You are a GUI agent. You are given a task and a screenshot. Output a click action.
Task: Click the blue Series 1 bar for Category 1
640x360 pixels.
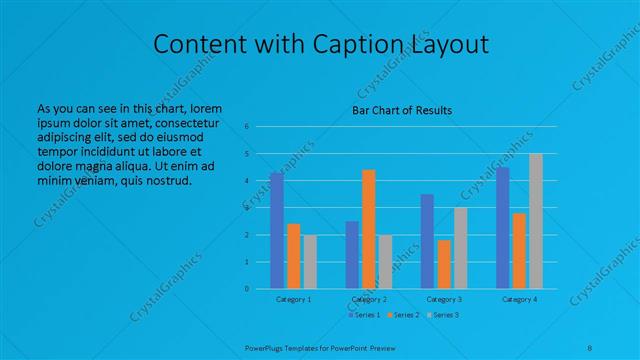pos(277,231)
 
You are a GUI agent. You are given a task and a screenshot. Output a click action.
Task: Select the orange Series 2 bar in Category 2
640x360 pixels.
pos(369,229)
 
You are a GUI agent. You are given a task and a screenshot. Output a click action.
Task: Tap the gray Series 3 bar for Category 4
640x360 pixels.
pos(536,221)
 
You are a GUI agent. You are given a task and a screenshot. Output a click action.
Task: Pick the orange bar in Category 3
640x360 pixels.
pos(444,264)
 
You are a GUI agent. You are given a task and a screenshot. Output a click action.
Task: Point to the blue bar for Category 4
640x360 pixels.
pos(503,228)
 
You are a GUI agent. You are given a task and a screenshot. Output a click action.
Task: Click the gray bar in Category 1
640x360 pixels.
pos(310,262)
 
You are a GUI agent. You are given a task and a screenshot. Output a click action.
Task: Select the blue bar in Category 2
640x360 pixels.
pos(352,255)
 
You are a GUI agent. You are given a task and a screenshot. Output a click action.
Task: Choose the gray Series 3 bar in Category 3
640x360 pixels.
pos(461,248)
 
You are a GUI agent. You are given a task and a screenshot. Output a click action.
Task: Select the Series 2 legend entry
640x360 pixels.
pos(404,316)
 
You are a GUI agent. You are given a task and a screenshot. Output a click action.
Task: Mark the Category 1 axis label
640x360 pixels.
pos(294,300)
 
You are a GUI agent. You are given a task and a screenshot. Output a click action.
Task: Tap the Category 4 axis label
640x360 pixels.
pos(519,300)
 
